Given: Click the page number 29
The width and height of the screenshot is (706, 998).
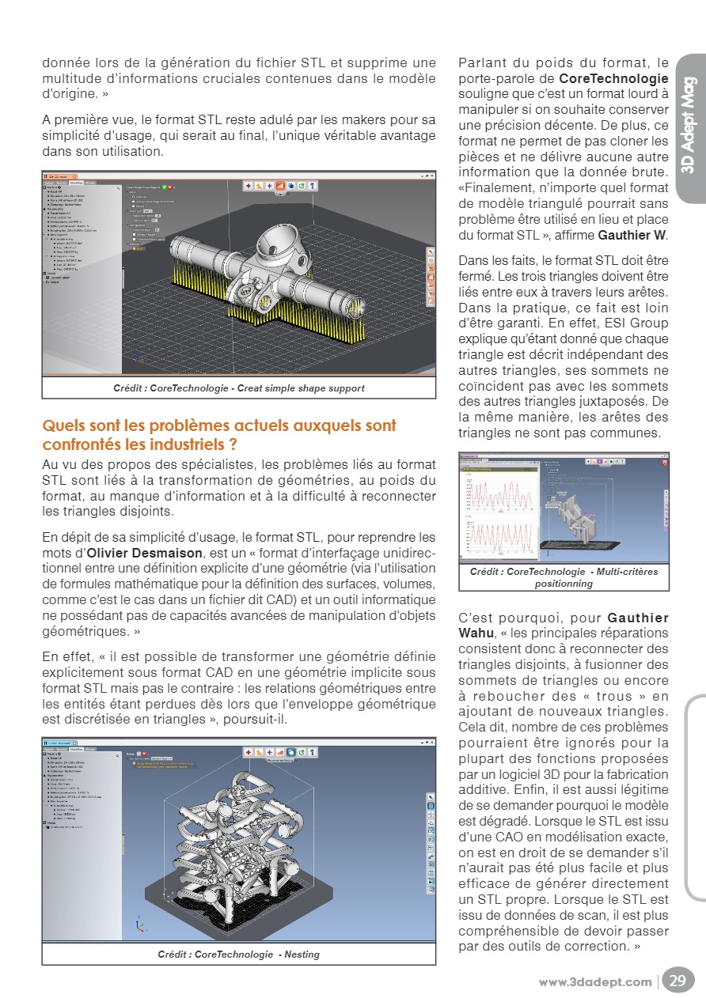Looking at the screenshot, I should [678, 981].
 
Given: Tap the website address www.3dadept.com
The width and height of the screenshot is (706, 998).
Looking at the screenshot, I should [595, 982].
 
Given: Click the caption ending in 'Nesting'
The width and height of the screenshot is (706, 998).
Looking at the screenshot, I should [238, 955].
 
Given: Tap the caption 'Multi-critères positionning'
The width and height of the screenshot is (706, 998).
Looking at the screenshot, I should [564, 577].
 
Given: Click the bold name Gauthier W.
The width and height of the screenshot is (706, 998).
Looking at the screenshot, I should [632, 235].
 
